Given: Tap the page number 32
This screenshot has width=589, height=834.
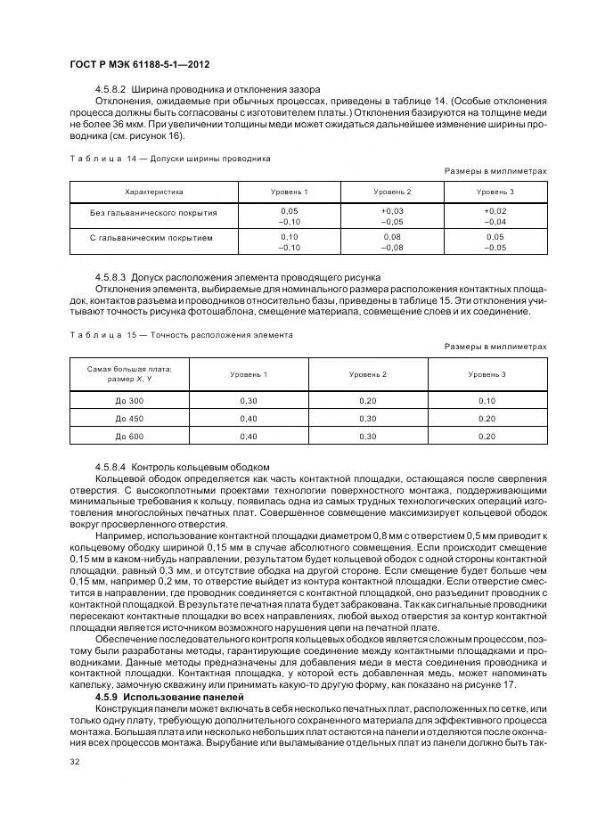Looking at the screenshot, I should pyautogui.click(x=74, y=762).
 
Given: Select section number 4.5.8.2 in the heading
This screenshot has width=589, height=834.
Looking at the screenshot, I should pyautogui.click(x=110, y=90).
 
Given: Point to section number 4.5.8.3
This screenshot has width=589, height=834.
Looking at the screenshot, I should pyautogui.click(x=110, y=277).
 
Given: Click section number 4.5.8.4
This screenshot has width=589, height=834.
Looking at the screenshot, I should pyautogui.click(x=110, y=467).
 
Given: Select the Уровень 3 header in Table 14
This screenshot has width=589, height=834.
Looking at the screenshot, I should pyautogui.click(x=494, y=192).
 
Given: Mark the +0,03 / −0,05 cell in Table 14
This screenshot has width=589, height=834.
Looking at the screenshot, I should pyautogui.click(x=392, y=217).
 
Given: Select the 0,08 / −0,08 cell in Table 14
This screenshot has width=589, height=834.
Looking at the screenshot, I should pyautogui.click(x=392, y=242).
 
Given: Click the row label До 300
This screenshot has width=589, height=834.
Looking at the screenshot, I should pyautogui.click(x=129, y=401).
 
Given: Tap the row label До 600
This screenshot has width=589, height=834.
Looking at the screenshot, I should pyautogui.click(x=129, y=436).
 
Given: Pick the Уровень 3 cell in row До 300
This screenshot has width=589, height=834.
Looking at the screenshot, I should pyautogui.click(x=487, y=401).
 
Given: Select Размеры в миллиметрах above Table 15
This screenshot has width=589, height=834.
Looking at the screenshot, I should pyautogui.click(x=495, y=347).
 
